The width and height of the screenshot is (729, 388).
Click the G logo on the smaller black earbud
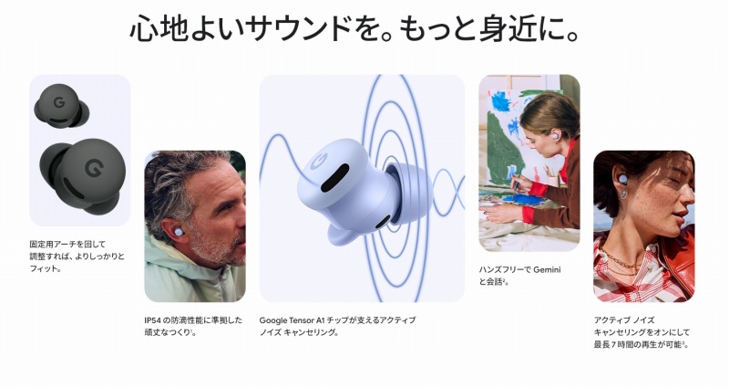click(x=56, y=99)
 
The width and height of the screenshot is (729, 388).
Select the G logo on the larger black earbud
click(x=91, y=169)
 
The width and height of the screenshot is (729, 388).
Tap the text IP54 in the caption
click(x=154, y=320)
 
